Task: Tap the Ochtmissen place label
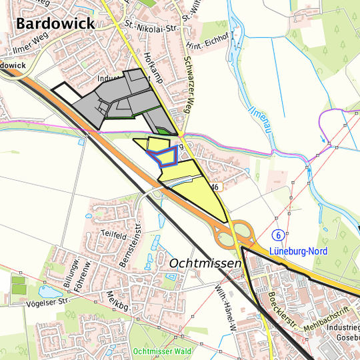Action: pyautogui.click(x=205, y=263)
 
